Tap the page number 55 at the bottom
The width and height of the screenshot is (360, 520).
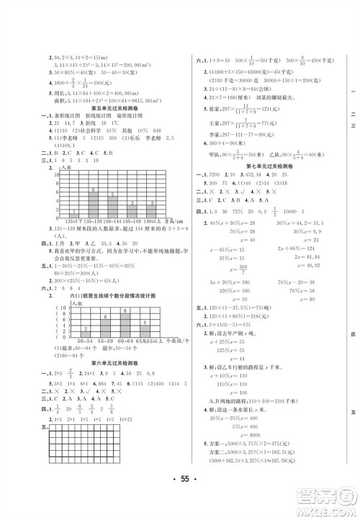coord(179,497)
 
